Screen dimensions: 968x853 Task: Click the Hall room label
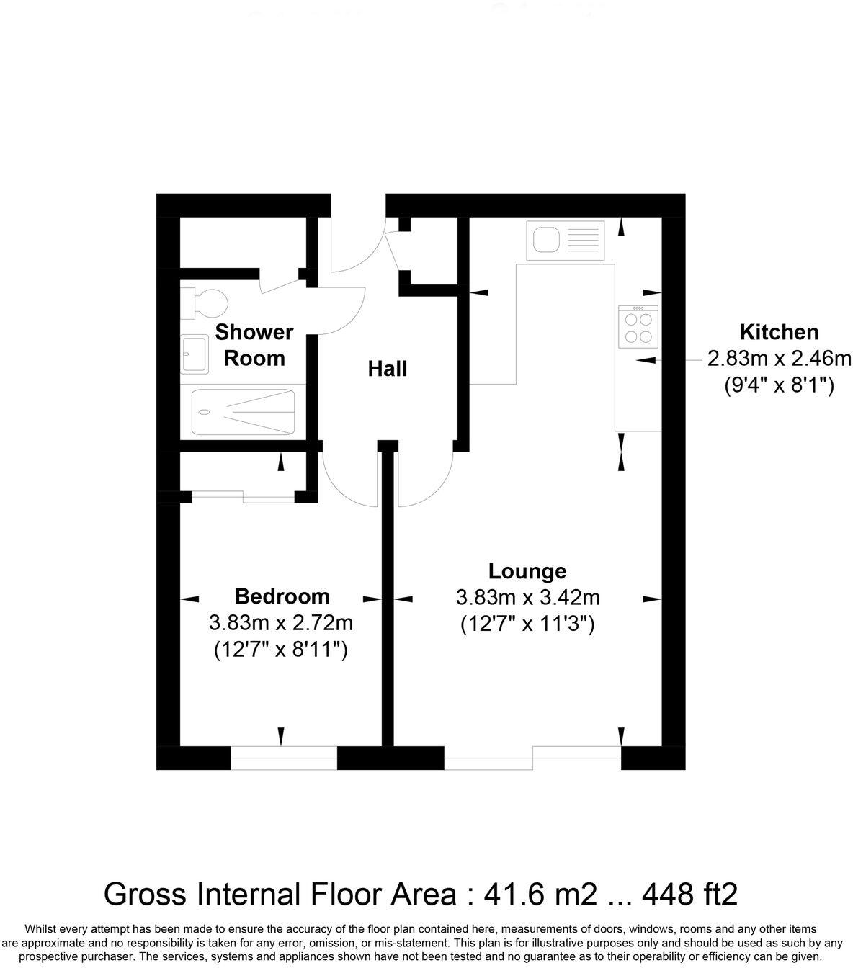point(388,369)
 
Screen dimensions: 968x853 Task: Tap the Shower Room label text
point(254,345)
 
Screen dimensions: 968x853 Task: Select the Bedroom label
point(282,596)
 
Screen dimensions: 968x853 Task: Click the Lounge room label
point(527,571)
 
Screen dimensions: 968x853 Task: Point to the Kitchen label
point(779,332)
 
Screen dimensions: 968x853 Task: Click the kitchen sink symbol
point(565,240)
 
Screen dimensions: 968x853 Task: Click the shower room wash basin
point(195,354)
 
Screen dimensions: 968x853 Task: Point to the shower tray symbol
point(244,412)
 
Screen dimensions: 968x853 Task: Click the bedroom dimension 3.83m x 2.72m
point(281,622)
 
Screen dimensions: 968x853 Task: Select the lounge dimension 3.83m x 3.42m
point(527,597)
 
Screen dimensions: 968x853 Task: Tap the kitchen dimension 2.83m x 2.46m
point(779,358)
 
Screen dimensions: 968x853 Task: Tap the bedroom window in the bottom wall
point(283,758)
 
